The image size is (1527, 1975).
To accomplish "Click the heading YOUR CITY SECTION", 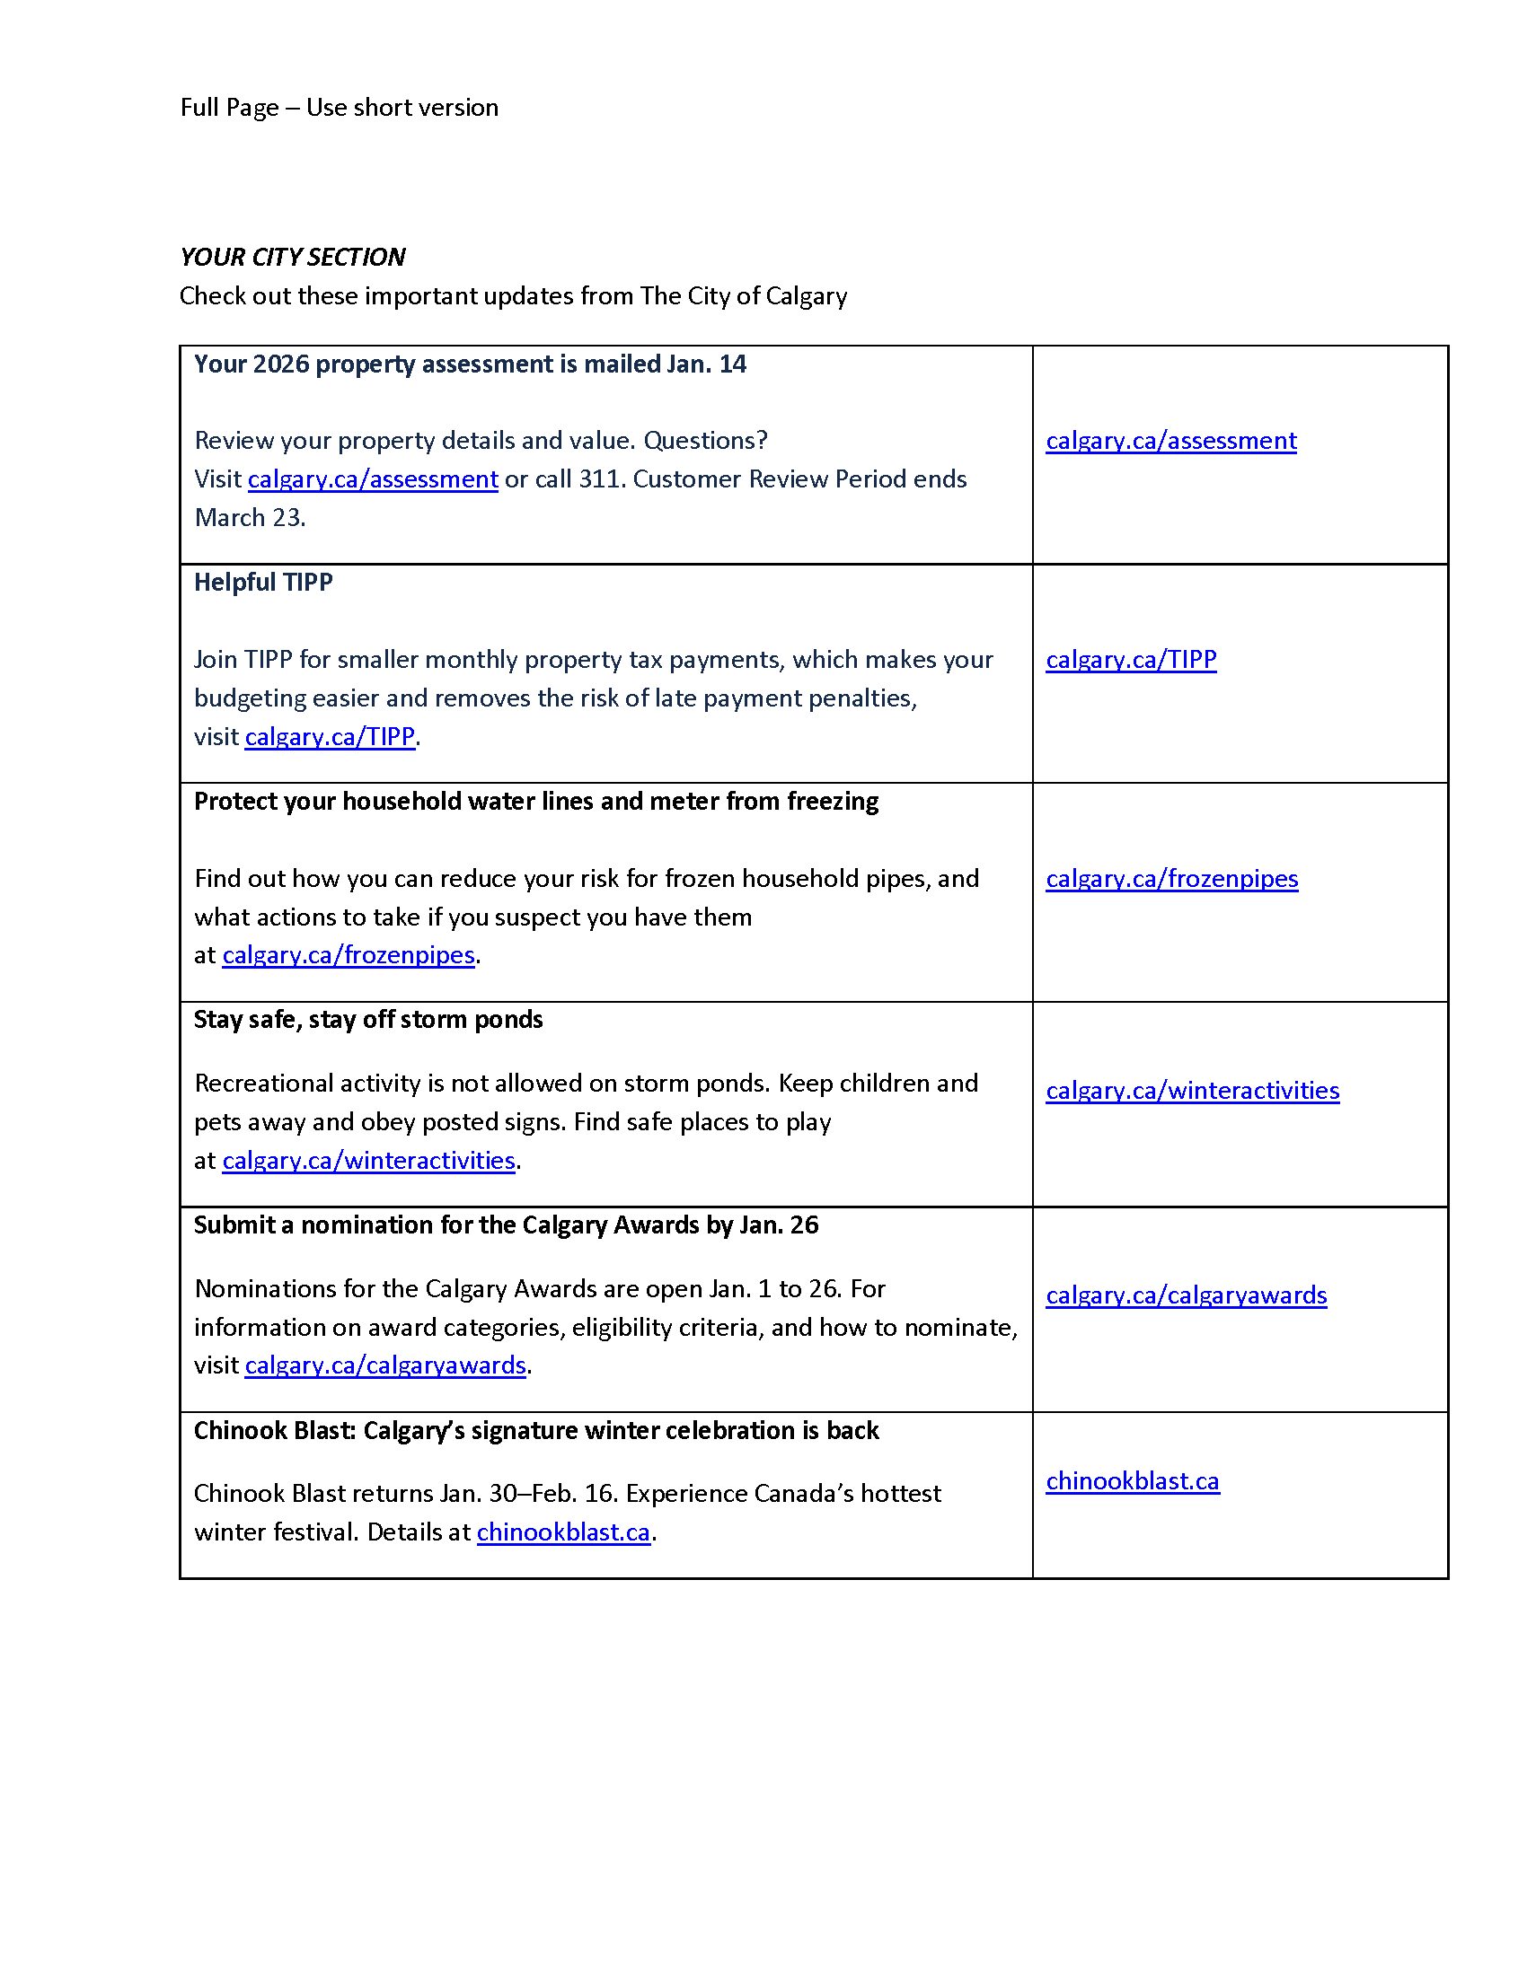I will pyautogui.click(x=292, y=258).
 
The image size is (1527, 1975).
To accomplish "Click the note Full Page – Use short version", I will pyautogui.click(x=340, y=108).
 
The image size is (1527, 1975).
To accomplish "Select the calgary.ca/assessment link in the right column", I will pyautogui.click(x=1170, y=441).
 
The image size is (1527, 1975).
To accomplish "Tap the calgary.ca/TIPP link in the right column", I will pyautogui.click(x=1131, y=659).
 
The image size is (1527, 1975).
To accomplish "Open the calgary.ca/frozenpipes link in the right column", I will pyautogui.click(x=1171, y=878).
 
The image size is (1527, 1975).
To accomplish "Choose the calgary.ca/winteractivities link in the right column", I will pyautogui.click(x=1192, y=1090).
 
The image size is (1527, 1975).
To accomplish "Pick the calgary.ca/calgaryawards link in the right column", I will pyautogui.click(x=1186, y=1295).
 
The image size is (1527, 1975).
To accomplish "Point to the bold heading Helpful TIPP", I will pyautogui.click(x=263, y=583).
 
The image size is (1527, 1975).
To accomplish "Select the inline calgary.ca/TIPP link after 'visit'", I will pyautogui.click(x=331, y=736).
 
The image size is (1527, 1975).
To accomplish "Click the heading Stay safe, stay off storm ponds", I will pyautogui.click(x=368, y=1020).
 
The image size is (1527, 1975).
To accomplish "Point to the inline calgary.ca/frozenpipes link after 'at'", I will pyautogui.click(x=349, y=955).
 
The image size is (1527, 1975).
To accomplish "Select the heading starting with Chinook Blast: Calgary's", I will pyautogui.click(x=535, y=1431).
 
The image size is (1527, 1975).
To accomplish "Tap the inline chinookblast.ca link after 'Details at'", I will pyautogui.click(x=563, y=1532).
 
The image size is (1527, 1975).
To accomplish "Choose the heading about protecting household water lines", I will pyautogui.click(x=535, y=801).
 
